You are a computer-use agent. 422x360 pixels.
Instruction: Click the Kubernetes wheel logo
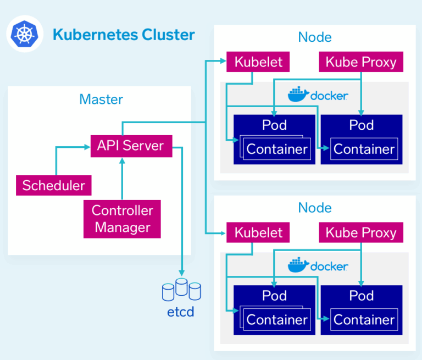point(24,35)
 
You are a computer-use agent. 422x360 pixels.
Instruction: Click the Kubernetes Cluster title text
point(124,35)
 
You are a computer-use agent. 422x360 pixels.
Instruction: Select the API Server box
point(130,146)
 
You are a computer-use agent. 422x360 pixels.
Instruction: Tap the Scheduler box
point(53,185)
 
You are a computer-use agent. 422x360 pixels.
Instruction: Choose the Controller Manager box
point(122,219)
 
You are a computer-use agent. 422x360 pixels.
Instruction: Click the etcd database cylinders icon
point(181,290)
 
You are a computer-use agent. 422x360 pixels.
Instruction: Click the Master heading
point(101,99)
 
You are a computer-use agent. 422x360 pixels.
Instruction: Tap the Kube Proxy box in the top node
point(361,62)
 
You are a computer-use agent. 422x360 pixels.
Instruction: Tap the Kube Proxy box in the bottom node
point(361,232)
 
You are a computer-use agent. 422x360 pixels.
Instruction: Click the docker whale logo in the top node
point(298,95)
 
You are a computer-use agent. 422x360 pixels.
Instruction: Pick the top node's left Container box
point(276,149)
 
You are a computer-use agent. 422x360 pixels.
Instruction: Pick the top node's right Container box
point(364,149)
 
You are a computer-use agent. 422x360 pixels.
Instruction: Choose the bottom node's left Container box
point(276,319)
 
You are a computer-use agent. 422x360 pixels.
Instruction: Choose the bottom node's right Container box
point(364,319)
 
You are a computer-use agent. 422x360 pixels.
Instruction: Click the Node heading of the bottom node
point(315,208)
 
